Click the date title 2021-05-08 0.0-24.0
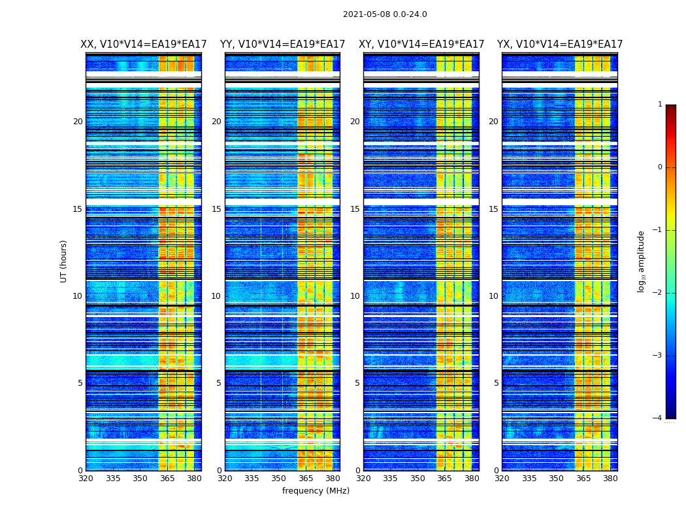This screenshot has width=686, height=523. click(385, 14)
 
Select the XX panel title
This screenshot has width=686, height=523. click(144, 44)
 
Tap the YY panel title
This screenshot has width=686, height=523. click(282, 44)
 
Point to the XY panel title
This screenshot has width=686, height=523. click(421, 44)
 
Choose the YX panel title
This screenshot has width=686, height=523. click(560, 44)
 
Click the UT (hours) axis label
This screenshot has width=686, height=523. click(63, 261)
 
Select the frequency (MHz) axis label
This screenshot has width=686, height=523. click(316, 491)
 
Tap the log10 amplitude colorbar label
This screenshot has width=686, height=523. click(642, 261)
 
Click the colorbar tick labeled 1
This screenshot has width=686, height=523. click(659, 105)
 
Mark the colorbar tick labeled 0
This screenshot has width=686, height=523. click(659, 167)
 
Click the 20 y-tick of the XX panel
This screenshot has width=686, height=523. click(78, 122)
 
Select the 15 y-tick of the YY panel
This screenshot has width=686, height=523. click(216, 209)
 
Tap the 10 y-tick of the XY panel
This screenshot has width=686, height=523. click(355, 296)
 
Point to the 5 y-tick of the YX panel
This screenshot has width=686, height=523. click(496, 383)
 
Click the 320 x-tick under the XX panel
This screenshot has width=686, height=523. click(86, 479)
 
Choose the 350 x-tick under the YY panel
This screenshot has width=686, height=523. click(279, 479)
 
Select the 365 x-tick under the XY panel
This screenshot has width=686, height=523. click(444, 479)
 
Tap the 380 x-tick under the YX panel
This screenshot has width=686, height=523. click(610, 479)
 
